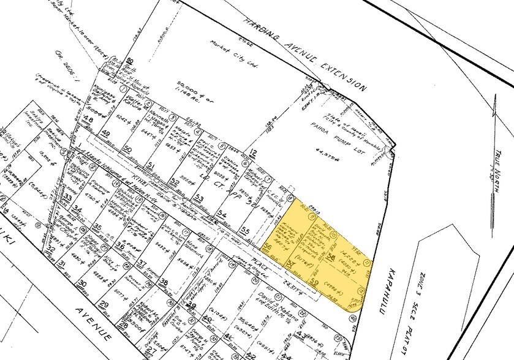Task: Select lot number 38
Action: pos(164,282)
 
